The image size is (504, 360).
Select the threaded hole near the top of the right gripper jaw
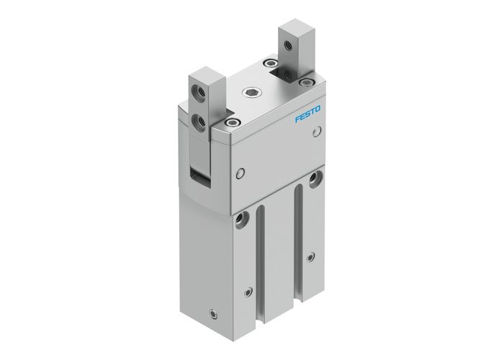pos(289,47)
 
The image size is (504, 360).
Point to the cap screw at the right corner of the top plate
pos(309,85)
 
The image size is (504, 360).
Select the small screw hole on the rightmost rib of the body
pos(311,256)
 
